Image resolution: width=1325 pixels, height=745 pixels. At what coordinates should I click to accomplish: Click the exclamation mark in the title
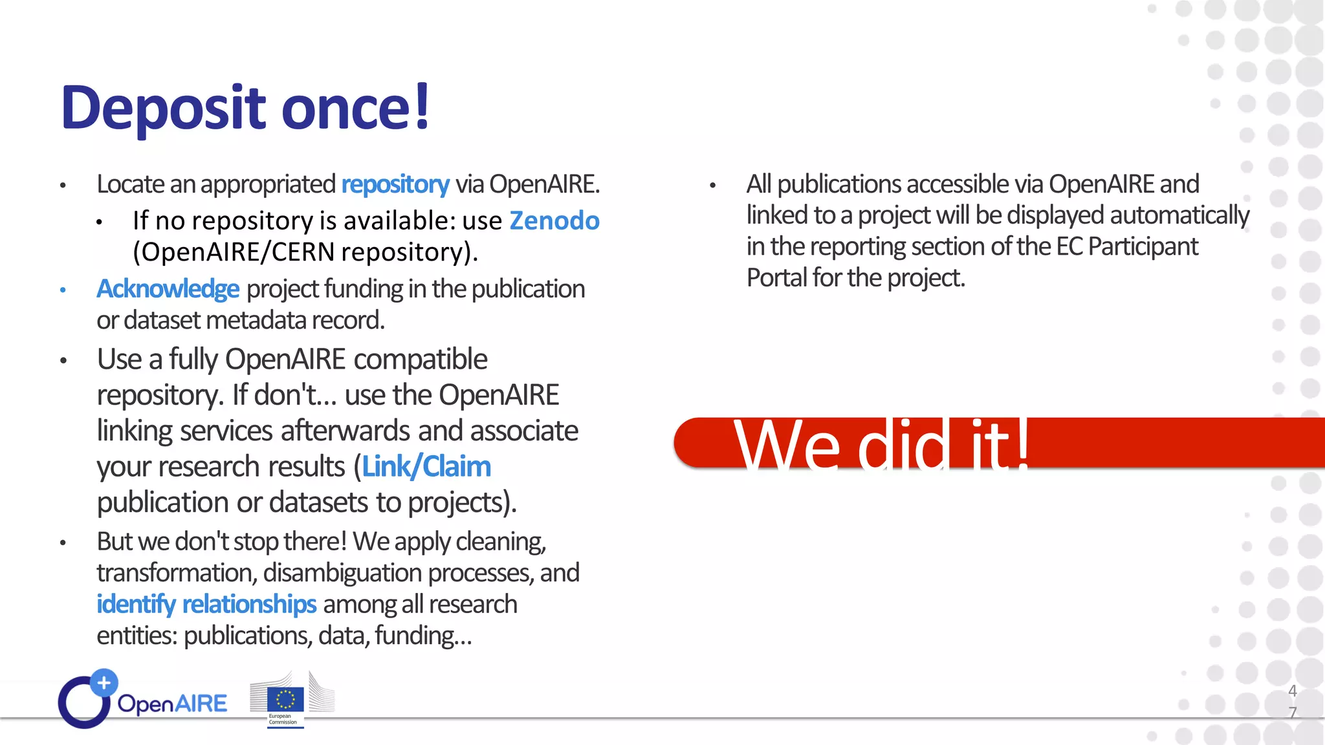point(422,107)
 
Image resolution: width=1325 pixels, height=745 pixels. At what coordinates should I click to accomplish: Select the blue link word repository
point(395,185)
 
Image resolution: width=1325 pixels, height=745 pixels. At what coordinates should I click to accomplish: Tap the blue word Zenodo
point(554,221)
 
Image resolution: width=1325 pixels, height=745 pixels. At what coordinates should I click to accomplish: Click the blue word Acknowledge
point(168,289)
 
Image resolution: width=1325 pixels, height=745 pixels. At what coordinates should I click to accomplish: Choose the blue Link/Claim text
point(426,466)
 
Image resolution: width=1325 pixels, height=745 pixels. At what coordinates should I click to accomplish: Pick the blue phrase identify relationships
point(206,604)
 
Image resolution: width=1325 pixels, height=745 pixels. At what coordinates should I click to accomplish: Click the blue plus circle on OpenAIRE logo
point(104,682)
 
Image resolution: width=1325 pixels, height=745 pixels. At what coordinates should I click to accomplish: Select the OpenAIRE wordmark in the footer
point(172,704)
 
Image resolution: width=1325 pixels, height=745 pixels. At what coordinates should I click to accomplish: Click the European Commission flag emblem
point(285,699)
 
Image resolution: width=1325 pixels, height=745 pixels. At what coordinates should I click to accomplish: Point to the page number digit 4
point(1292,691)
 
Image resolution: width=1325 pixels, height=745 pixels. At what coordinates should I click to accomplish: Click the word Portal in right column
point(776,278)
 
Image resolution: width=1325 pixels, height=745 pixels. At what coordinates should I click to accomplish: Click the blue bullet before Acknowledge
point(63,290)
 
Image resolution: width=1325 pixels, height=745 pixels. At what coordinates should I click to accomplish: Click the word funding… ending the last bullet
point(423,636)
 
